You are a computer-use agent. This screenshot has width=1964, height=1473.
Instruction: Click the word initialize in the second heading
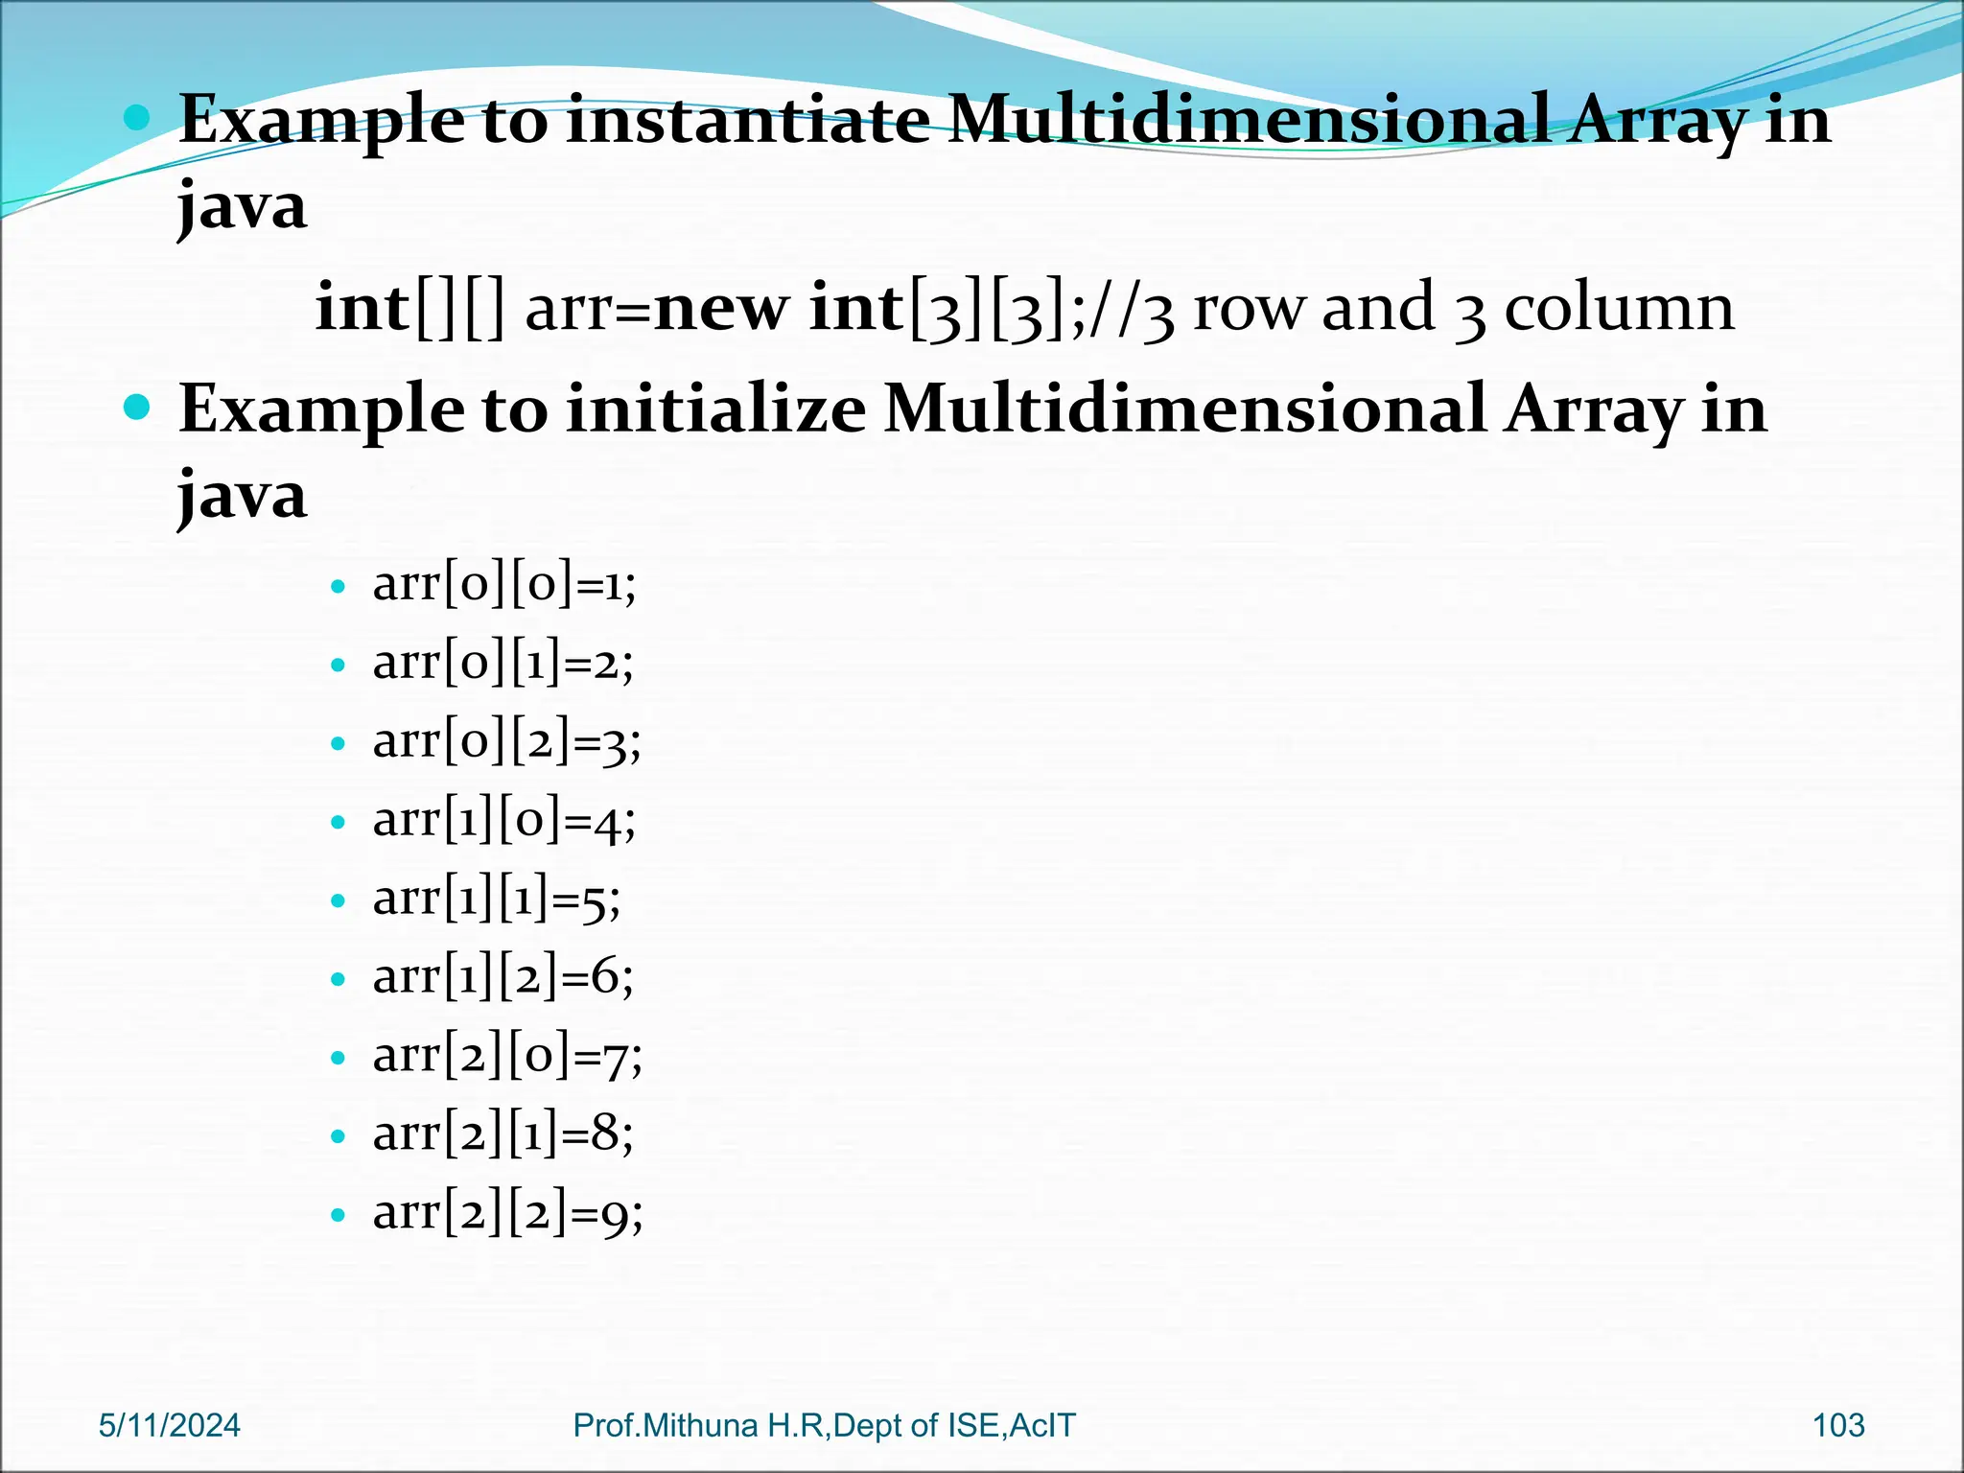(x=715, y=409)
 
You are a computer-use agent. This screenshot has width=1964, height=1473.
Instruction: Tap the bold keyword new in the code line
(x=720, y=309)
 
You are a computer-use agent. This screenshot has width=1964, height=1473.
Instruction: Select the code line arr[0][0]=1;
(x=504, y=584)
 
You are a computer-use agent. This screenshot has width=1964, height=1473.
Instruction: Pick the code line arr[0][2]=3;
(x=506, y=741)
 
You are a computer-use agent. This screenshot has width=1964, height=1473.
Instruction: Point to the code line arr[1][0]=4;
(x=503, y=820)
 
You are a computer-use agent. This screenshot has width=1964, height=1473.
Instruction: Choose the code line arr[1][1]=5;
(x=497, y=899)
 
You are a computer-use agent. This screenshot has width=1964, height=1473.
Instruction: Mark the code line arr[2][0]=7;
(x=507, y=1056)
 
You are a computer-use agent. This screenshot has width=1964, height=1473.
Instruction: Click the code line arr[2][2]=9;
(x=507, y=1213)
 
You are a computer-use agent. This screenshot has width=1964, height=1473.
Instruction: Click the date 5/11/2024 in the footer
(x=170, y=1426)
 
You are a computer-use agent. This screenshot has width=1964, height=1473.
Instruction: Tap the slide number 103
(x=1838, y=1426)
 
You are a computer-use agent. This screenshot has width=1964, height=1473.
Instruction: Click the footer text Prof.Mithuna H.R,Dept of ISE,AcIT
(x=824, y=1426)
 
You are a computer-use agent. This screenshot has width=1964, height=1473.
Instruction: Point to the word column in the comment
(x=1619, y=309)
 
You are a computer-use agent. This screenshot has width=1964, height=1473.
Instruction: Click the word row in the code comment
(x=1249, y=309)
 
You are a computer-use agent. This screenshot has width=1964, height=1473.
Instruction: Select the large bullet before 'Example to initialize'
(x=138, y=409)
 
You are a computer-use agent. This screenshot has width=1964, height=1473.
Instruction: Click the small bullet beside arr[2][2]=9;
(x=337, y=1215)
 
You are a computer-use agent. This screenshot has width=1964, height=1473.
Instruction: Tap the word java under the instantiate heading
(x=243, y=206)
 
